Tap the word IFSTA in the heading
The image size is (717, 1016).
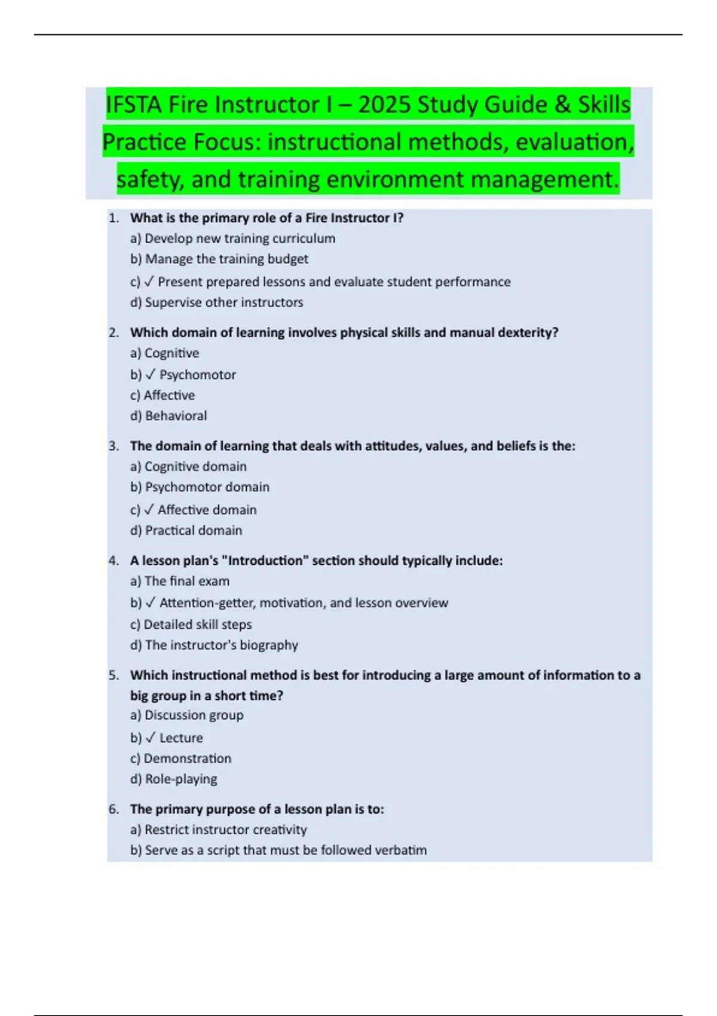point(133,105)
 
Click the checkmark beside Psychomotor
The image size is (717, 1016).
point(151,375)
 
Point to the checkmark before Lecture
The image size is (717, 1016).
point(151,737)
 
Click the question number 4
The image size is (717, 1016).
point(114,561)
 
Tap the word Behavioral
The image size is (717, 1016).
point(176,416)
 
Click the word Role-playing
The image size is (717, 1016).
point(181,779)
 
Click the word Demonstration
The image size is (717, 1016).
point(187,758)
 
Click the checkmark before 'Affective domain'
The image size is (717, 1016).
point(149,510)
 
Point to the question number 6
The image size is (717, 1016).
point(114,809)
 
